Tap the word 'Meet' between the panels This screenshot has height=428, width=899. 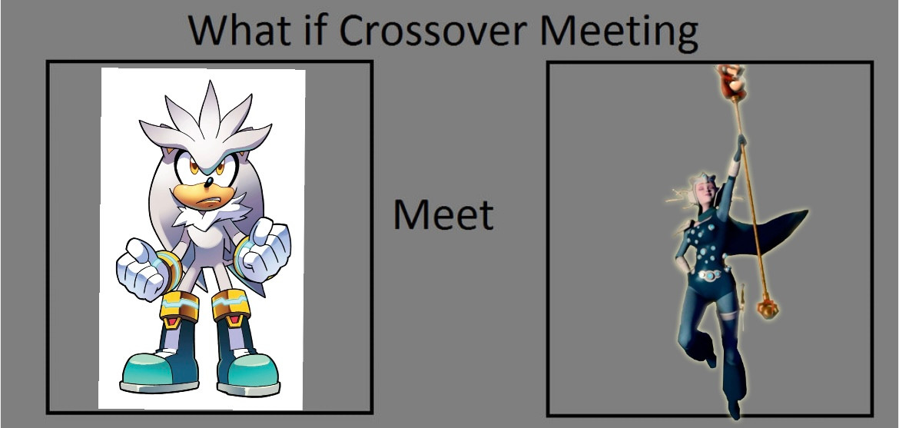click(443, 214)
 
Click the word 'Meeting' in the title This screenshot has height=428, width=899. click(619, 33)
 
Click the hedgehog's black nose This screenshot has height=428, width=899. click(209, 182)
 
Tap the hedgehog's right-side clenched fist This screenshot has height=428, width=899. click(265, 250)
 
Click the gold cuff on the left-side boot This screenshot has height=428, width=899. click(179, 307)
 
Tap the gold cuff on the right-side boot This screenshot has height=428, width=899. click(231, 306)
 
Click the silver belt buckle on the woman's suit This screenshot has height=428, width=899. click(711, 275)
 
